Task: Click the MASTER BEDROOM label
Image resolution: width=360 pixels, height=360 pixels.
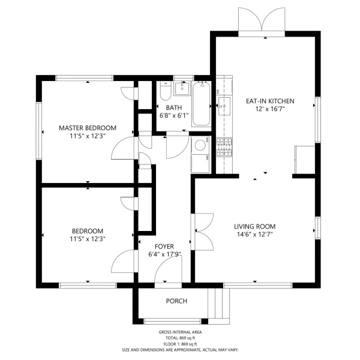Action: pos(88,128)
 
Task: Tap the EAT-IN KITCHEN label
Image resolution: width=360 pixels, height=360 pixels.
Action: pos(270,101)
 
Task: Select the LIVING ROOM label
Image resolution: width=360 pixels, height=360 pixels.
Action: pos(254,227)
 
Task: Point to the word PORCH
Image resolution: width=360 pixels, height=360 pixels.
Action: pos(176,301)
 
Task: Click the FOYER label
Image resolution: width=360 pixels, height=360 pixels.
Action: pos(164,247)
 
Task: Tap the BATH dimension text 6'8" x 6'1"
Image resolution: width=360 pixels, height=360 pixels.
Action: pos(174,115)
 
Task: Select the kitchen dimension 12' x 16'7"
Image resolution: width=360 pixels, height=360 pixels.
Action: pos(270,109)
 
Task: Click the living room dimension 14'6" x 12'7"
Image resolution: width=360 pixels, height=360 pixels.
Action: pos(254,235)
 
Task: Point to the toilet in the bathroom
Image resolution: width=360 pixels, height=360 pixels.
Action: pos(166,91)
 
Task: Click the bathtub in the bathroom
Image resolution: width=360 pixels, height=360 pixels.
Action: pos(202,104)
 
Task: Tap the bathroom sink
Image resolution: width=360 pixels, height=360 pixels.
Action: pos(182,88)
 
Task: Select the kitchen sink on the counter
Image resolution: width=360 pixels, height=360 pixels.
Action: pos(224,106)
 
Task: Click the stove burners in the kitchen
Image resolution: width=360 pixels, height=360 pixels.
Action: pos(224,147)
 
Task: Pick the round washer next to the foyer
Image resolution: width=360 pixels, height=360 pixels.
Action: pos(200,145)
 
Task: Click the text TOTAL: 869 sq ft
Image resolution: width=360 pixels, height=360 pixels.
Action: pos(180,338)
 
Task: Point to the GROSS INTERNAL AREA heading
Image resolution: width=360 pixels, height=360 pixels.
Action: pos(180,332)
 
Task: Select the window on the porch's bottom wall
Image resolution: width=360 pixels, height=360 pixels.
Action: pos(172,321)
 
